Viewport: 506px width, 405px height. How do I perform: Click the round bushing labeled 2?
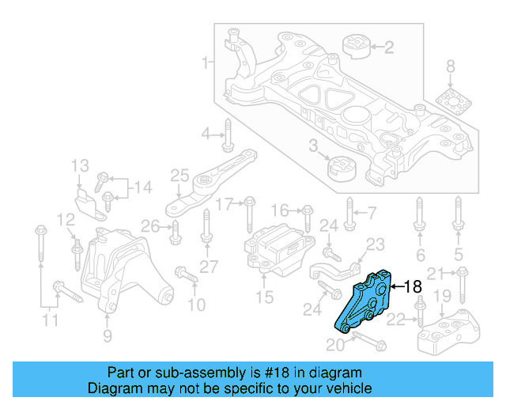[x=357, y=47]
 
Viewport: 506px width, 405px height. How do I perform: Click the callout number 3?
[x=313, y=146]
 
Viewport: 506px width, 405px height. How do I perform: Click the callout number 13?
[x=81, y=167]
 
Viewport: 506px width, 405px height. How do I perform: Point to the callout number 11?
[x=50, y=321]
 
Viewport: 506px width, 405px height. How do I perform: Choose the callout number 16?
[x=281, y=210]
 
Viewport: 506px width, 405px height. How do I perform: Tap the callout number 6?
[x=420, y=255]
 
